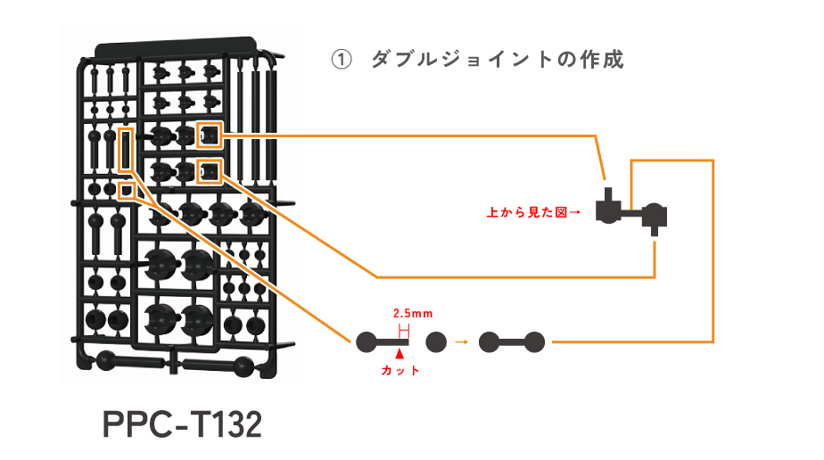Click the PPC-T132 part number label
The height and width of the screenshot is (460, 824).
pyautogui.click(x=182, y=424)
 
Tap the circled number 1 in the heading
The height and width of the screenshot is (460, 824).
pyautogui.click(x=341, y=60)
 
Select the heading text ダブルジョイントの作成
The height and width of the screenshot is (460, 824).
pyautogui.click(x=498, y=60)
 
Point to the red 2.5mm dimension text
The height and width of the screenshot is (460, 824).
pyautogui.click(x=413, y=314)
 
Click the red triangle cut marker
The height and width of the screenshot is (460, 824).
pyautogui.click(x=400, y=354)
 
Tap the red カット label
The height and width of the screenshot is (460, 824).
pyautogui.click(x=400, y=371)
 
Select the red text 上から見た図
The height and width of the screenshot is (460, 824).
pyautogui.click(x=527, y=212)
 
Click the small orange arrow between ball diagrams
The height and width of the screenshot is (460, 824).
pyautogui.click(x=461, y=341)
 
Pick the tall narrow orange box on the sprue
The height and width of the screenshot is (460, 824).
pyautogui.click(x=126, y=150)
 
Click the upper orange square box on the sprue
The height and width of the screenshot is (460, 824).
pyautogui.click(x=210, y=135)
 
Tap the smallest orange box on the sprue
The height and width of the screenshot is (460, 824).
pyautogui.click(x=127, y=191)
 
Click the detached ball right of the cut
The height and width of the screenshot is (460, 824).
pyautogui.click(x=436, y=341)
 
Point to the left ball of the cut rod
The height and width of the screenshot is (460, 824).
pyautogui.click(x=367, y=341)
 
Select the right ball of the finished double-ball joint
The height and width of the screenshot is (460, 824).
pyautogui.click(x=534, y=341)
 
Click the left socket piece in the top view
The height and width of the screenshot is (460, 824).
pyautogui.click(x=608, y=208)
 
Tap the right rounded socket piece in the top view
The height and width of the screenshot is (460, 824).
pyautogui.click(x=655, y=217)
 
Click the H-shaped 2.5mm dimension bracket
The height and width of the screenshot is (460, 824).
pyautogui.click(x=404, y=332)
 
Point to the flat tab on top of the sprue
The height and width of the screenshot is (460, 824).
pyautogui.click(x=176, y=46)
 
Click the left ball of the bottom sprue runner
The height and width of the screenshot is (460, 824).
pyautogui.click(x=105, y=360)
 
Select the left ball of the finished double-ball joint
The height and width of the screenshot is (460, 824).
pyautogui.click(x=490, y=341)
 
